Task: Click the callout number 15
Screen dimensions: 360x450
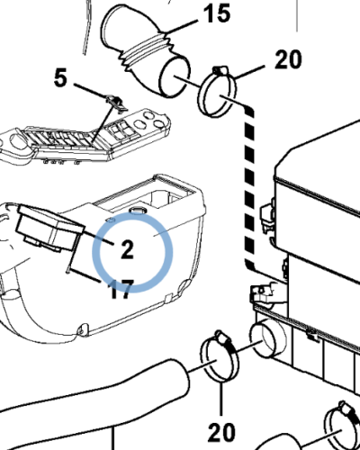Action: (x=217, y=13)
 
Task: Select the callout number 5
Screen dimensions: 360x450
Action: (x=61, y=77)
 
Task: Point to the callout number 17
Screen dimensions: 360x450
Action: (x=121, y=290)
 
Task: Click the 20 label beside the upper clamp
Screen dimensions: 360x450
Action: (x=288, y=59)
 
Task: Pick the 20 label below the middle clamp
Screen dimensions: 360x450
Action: (x=221, y=432)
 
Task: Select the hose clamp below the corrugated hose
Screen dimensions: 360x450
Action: (x=217, y=92)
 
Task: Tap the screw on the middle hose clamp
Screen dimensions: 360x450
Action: (x=223, y=339)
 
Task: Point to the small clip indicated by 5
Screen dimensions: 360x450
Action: (x=115, y=103)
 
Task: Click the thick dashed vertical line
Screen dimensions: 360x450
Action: (x=249, y=186)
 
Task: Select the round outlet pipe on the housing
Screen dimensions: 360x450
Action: (x=268, y=338)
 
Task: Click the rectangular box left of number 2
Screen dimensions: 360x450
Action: (x=49, y=228)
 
